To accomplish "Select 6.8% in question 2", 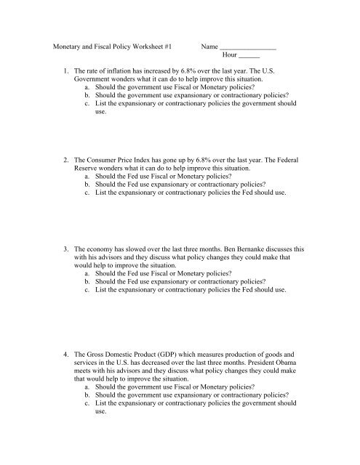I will [x=218, y=159].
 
